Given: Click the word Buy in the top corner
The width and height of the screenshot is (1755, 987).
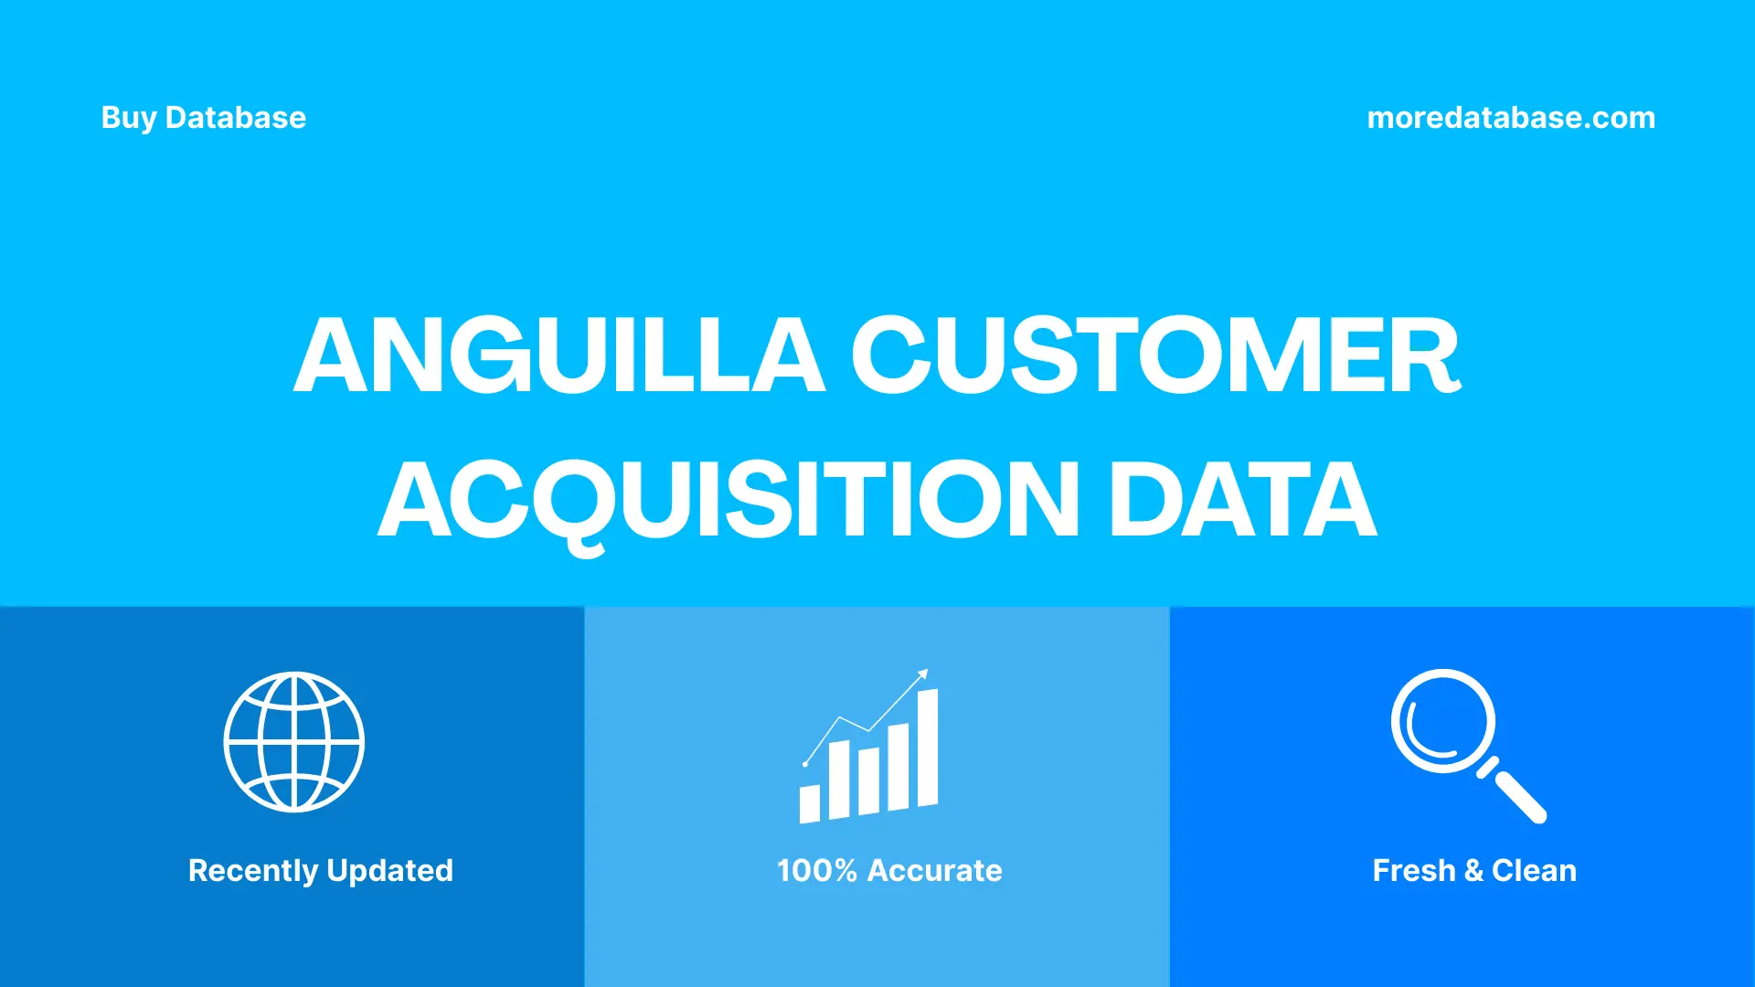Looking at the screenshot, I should pos(129,118).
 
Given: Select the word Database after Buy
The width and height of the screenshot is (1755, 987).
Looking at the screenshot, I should pos(236,118).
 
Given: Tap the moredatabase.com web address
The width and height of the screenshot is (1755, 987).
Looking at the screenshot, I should pos(1511,118).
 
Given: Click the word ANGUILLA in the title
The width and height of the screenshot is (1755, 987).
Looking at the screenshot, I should pos(559,356).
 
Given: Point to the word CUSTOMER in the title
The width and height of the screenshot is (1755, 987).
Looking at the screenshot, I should pos(1156,356).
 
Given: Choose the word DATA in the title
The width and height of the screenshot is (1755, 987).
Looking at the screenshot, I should pos(1242,500).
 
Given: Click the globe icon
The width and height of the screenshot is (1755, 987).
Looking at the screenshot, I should pos(294,742).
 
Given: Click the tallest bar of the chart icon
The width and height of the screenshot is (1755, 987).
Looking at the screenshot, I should pos(928,748).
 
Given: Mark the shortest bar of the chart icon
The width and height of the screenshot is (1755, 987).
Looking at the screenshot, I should pos(810,803).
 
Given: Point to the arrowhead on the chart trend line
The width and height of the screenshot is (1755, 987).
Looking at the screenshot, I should pos(923,674).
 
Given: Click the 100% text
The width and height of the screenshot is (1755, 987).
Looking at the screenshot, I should pos(817,871).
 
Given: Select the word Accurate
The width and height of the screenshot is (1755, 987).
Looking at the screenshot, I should pos(934,871).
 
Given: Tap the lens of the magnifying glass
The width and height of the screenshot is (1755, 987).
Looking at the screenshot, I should pos(1443,721).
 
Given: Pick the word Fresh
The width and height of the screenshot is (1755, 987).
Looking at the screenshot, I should pos(1413,871).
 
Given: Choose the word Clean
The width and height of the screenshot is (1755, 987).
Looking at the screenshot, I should pos(1534,871).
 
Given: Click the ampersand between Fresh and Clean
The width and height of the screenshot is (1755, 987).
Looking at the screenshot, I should pos(1473,871).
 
